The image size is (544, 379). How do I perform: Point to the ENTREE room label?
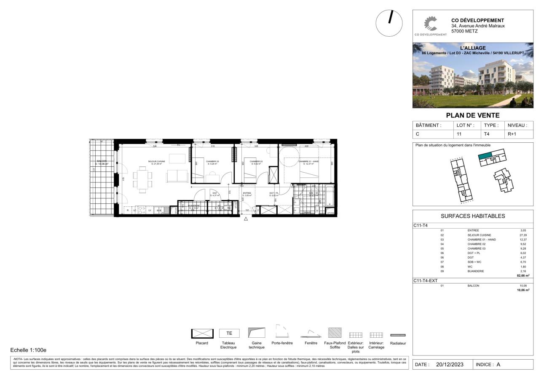pyautogui.click(x=247, y=194)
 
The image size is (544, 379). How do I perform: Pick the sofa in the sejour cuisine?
pyautogui.click(x=177, y=176)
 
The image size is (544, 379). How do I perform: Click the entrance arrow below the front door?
pyautogui.click(x=246, y=219)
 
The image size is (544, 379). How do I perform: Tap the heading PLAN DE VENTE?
pyautogui.click(x=472, y=115)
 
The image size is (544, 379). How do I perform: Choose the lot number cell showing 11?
pyautogui.click(x=459, y=134)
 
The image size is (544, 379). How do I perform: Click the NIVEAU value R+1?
pyautogui.click(x=512, y=134)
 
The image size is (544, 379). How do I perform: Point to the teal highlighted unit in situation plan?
pyautogui.click(x=485, y=156)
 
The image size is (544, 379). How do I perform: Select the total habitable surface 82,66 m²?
pyautogui.click(x=523, y=275)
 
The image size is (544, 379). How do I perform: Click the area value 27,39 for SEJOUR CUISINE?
pyautogui.click(x=523, y=235)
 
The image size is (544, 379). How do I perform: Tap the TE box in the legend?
pyautogui.click(x=229, y=333)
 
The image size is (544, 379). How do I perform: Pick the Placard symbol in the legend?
pyautogui.click(x=202, y=333)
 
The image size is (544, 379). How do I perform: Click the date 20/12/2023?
pyautogui.click(x=450, y=365)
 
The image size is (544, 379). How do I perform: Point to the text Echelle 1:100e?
pyautogui.click(x=28, y=350)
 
